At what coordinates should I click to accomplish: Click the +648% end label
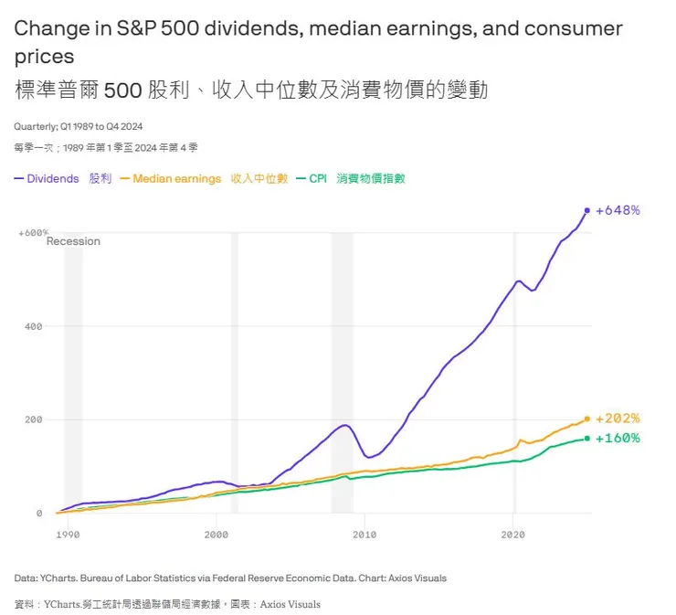pyautogui.click(x=618, y=210)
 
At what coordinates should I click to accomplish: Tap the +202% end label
pyautogui.click(x=618, y=419)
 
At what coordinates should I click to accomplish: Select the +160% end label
pyautogui.click(x=618, y=438)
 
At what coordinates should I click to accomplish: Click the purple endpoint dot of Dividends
pyautogui.click(x=586, y=210)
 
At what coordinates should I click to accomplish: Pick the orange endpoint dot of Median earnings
pyautogui.click(x=586, y=419)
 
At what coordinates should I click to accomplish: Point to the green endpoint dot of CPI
pyautogui.click(x=586, y=439)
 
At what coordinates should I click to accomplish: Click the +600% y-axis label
pyautogui.click(x=33, y=233)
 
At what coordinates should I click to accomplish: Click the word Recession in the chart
pyautogui.click(x=73, y=241)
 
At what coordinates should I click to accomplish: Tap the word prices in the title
pyautogui.click(x=44, y=57)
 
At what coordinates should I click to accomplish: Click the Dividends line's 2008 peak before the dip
pyautogui.click(x=344, y=425)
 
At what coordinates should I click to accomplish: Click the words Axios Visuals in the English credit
pyautogui.click(x=416, y=578)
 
